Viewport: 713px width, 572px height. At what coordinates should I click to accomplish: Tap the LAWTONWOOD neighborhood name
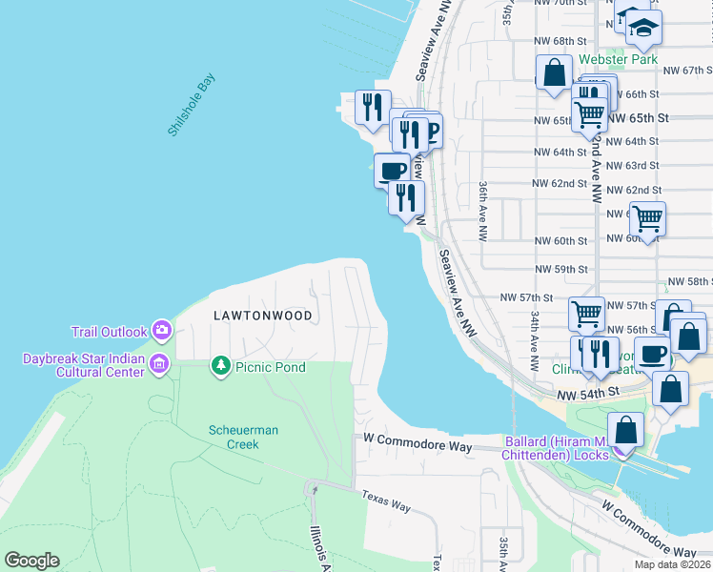262,314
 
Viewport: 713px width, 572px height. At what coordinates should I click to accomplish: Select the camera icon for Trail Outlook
161,331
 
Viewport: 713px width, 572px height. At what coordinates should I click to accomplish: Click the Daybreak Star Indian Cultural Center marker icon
158,362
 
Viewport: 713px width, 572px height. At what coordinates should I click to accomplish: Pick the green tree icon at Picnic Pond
220,366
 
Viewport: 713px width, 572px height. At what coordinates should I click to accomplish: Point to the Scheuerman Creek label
244,437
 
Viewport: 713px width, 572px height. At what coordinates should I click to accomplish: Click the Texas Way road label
386,500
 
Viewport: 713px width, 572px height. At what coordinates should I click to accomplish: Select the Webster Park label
619,59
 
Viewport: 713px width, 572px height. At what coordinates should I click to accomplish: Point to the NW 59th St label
560,270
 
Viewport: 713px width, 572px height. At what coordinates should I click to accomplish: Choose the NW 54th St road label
589,393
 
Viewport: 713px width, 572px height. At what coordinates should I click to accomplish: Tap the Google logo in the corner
31,561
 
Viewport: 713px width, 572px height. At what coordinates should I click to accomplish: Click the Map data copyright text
673,564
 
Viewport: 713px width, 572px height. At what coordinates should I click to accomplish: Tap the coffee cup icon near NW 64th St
392,170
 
